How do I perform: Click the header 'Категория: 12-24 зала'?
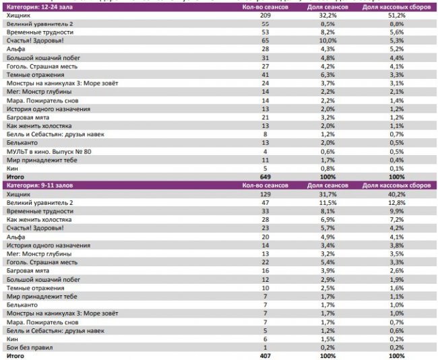38,7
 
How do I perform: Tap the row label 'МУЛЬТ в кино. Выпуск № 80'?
49,152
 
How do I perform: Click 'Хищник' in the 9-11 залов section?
18,194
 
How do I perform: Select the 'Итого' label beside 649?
15,177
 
